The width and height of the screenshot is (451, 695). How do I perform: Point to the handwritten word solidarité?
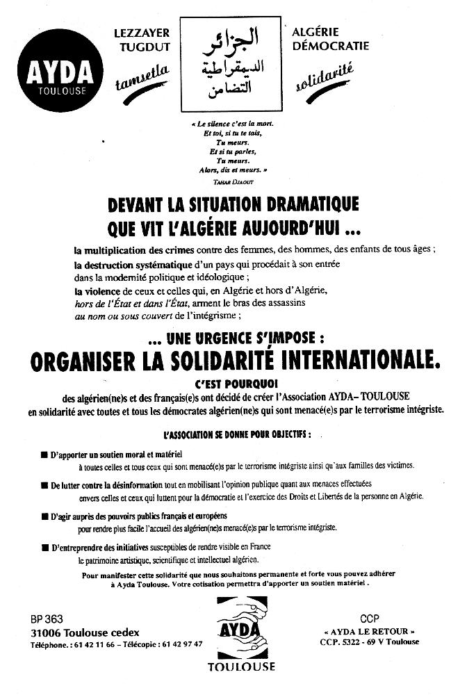pyautogui.click(x=325, y=78)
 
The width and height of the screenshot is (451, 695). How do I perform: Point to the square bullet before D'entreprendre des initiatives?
pyautogui.click(x=44, y=548)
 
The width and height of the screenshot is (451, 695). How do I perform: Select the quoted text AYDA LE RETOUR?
pyautogui.click(x=369, y=631)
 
